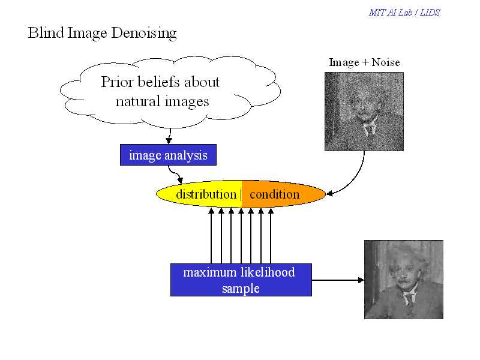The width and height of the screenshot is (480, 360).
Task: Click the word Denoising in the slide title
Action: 144,33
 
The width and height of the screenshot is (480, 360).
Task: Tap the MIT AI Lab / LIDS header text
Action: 404,13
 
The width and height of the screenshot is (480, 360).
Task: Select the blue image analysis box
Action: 168,155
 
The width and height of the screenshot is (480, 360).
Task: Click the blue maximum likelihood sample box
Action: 241,280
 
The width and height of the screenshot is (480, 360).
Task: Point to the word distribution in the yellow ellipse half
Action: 206,194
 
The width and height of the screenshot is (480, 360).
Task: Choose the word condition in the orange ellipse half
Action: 275,194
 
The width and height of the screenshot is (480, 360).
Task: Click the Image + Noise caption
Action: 364,62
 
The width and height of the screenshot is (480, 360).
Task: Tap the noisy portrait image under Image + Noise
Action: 364,112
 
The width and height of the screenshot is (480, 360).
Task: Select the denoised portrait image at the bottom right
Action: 403,280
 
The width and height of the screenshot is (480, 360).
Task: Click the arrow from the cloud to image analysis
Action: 169,136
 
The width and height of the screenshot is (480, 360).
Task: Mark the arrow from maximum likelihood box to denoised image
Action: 338,280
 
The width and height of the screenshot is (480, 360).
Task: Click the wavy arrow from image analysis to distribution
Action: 175,174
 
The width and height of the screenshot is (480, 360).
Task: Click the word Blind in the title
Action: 46,32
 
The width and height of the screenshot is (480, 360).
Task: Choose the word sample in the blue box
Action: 241,289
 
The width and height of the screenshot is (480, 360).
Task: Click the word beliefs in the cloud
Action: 158,82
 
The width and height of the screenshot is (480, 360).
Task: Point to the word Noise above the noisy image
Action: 386,62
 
